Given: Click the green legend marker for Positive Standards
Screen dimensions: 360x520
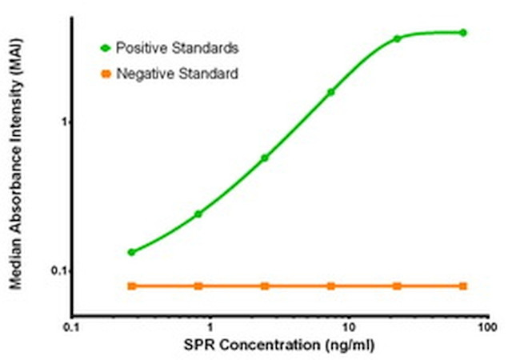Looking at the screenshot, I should (105, 48).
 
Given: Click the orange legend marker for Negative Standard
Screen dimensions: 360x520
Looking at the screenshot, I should (105, 74).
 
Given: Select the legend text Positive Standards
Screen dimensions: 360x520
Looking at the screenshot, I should (177, 48).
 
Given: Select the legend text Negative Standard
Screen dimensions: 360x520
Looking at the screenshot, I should (176, 74).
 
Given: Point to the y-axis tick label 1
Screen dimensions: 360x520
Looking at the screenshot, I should (58, 122).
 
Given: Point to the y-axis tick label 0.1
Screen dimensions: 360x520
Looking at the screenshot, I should (54, 271).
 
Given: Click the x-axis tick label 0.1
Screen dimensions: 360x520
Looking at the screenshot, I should (72, 327).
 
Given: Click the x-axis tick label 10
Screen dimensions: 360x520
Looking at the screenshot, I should (349, 327).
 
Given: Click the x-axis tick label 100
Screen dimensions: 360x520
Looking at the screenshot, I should (486, 327).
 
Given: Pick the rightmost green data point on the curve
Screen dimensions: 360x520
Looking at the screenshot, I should (463, 33).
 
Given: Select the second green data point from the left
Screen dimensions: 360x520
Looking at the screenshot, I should (198, 214).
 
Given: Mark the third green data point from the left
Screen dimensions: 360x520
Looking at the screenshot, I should (265, 158).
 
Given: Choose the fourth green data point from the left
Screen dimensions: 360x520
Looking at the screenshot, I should (331, 92).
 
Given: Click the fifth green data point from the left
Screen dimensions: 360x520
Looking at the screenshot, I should (397, 38).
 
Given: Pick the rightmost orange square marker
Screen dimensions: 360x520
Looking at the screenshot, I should (463, 286).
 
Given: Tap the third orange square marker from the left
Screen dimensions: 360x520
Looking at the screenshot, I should (265, 286).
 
